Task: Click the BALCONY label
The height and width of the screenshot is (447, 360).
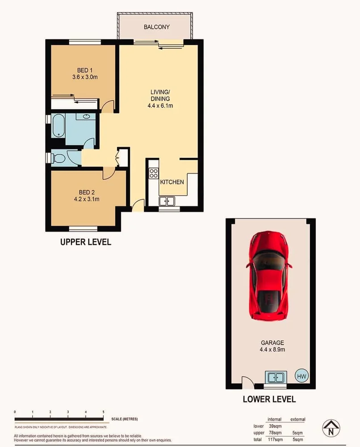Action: (156, 27)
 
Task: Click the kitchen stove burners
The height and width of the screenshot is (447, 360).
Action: (153, 173)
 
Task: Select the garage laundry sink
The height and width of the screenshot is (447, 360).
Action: (275, 377)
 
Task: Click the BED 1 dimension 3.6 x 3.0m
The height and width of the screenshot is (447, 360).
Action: (85, 77)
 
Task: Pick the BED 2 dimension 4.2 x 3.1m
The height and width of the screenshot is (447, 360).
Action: (85, 199)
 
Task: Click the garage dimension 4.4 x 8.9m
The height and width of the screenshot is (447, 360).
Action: (273, 349)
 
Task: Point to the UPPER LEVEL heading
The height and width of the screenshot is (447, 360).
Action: (86, 242)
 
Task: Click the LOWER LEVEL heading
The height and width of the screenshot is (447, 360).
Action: (269, 399)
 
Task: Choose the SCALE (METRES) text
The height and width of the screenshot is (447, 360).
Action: (125, 419)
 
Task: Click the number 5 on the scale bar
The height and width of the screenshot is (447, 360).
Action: (104, 412)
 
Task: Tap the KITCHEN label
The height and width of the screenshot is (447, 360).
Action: (172, 182)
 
